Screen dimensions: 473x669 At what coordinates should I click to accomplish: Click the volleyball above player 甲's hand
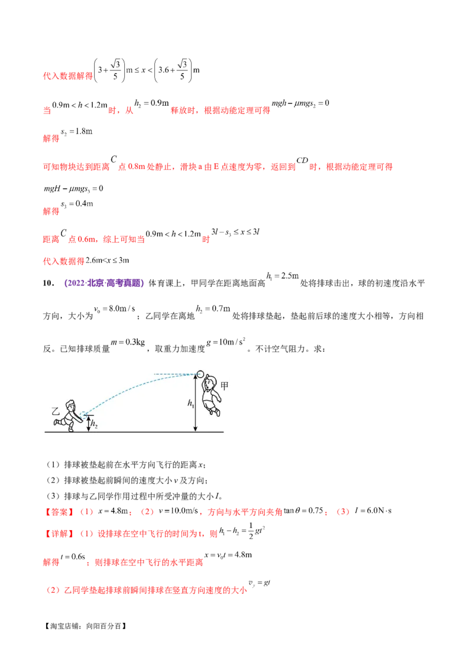click(200, 374)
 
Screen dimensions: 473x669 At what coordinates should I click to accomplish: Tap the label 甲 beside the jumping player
click(224, 386)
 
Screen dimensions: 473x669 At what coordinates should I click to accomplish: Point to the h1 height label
click(191, 404)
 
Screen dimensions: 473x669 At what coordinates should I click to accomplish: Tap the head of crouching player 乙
click(71, 406)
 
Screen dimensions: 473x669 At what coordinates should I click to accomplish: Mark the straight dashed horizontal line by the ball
click(174, 374)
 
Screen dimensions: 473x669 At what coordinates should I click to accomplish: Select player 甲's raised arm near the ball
click(205, 383)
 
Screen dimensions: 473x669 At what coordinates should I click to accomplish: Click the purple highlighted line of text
click(104, 284)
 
